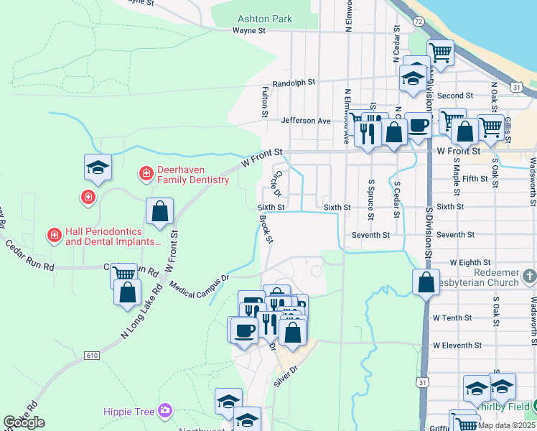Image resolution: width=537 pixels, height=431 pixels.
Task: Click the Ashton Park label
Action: [266, 19]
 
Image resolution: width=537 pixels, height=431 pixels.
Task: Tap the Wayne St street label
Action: [249, 31]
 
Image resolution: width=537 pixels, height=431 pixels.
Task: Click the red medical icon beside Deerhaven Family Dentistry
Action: [146, 173]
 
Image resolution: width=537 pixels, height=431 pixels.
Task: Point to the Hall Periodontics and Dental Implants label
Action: [113, 237]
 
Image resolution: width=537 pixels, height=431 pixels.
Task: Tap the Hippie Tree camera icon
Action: [165, 410]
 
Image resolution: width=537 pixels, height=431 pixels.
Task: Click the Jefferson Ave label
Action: [306, 121]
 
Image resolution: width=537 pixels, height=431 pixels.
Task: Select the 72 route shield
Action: [419, 23]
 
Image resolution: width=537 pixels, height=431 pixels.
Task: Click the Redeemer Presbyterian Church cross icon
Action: [529, 276]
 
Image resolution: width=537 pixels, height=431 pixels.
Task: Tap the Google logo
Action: [24, 422]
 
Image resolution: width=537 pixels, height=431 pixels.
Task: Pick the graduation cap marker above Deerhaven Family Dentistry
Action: [98, 167]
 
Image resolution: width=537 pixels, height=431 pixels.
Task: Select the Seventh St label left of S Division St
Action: [370, 235]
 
